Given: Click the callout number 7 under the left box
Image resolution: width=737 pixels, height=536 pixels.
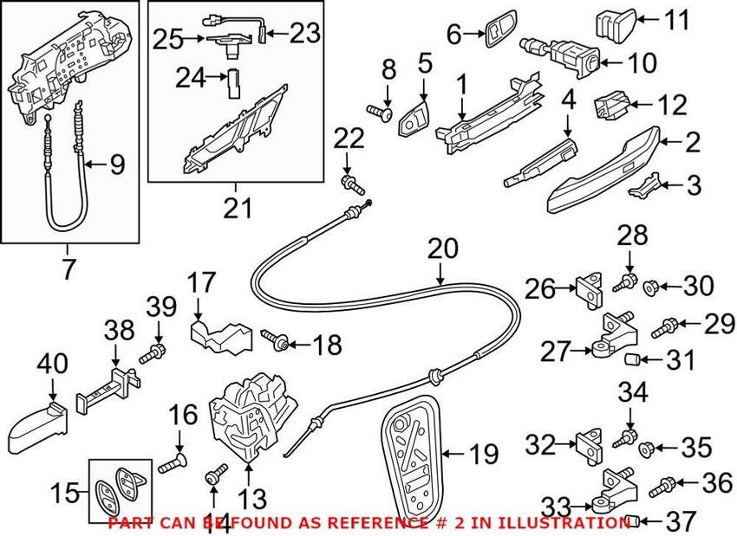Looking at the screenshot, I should (68, 268).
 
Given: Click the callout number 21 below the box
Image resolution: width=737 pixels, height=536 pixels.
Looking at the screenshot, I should (237, 208).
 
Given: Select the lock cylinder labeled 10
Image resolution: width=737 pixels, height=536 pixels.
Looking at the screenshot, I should (563, 55).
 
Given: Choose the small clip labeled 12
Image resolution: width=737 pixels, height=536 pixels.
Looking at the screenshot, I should (610, 108).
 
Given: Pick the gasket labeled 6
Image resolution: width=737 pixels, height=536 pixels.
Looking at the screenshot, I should (498, 35).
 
